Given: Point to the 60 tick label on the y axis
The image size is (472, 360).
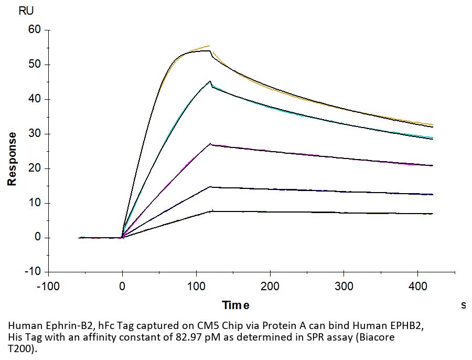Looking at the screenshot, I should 34,30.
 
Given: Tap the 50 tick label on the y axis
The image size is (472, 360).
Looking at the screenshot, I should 34,65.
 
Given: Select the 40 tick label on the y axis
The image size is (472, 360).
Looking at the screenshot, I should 34,99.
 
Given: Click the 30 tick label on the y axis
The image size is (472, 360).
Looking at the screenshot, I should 34,134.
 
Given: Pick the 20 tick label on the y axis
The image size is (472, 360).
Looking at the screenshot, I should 34,168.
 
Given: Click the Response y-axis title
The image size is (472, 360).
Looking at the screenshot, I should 12,158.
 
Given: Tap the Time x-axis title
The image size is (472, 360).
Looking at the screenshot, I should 235,305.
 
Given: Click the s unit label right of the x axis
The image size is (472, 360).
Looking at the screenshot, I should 463,305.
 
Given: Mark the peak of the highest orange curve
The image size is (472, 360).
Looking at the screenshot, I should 209,46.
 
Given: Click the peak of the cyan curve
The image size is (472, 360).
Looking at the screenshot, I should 210,81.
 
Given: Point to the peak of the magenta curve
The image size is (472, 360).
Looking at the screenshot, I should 210,143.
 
